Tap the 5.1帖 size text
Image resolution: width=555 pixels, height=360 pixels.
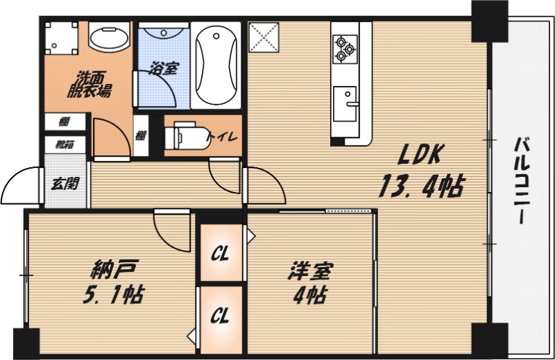click(x=112, y=295)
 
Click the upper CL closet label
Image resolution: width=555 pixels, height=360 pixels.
click(x=221, y=252)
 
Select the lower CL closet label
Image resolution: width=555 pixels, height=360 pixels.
click(x=221, y=316)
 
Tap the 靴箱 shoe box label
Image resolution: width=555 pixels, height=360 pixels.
click(x=65, y=144)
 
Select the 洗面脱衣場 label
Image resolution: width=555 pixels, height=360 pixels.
click(x=89, y=85)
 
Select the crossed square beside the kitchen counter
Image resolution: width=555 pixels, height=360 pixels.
click(x=264, y=36)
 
